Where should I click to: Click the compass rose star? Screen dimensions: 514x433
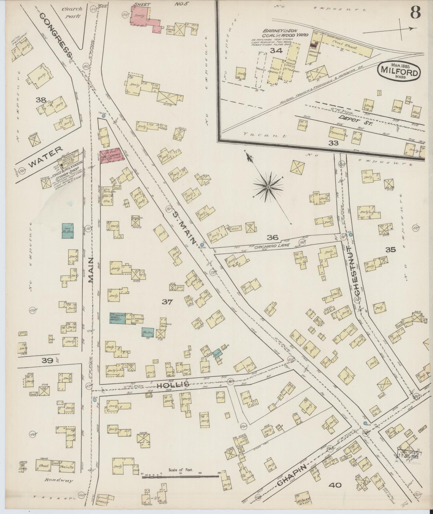point(268,187)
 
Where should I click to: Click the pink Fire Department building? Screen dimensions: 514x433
point(112,156)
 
